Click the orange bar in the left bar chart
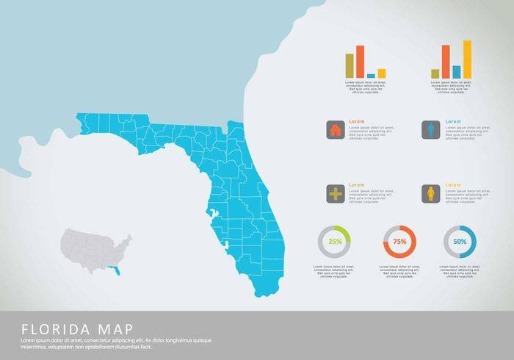coord(360,62)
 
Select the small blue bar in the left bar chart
coord(371,75)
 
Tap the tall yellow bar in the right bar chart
coord(467,59)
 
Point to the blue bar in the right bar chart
coord(457,71)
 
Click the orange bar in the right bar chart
coord(446,61)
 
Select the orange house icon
coord(336,130)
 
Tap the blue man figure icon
coord(431,130)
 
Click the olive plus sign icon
coord(336,194)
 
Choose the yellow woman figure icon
coord(431,194)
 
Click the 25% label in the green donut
coord(336,242)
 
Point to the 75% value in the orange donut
coord(399,242)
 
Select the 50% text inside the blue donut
coord(460,242)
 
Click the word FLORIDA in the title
coord(53,328)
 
